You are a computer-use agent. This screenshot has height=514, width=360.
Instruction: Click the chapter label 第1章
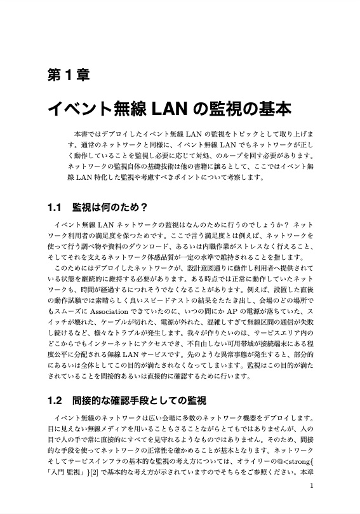[69, 74]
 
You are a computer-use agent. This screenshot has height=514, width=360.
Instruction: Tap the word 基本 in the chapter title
[270, 109]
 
